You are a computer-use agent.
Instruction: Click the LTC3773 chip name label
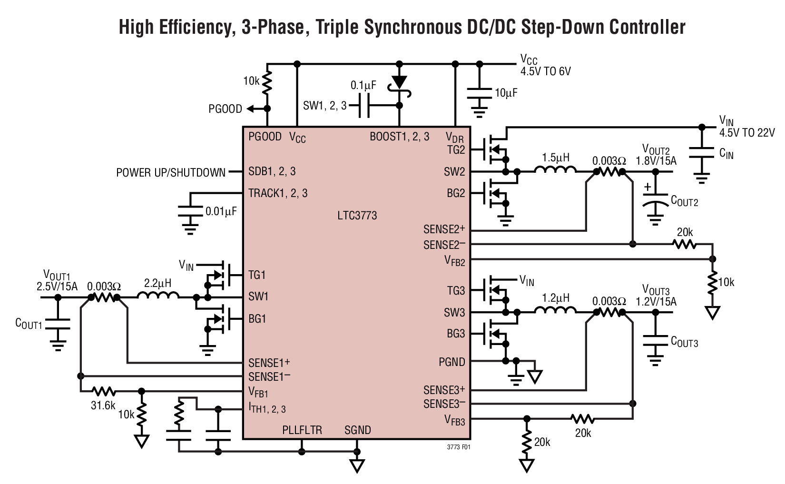pos(356,216)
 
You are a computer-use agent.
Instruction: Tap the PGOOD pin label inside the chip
pos(265,137)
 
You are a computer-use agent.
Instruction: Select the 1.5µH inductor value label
pos(555,158)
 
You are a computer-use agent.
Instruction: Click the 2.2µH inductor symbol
pos(158,296)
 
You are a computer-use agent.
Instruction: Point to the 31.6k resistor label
pos(103,405)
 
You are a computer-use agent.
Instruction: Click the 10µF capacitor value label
pos(505,93)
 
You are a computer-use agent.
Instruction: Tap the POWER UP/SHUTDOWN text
pos(171,173)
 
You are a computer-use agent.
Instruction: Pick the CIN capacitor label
pos(726,153)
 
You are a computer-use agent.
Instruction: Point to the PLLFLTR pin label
pos(302,430)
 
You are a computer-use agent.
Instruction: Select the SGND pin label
pos(357,430)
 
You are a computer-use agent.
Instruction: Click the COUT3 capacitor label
pos(684,341)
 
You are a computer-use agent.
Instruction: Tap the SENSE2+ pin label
pos(444,229)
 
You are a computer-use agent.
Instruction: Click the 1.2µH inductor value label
pos(555,298)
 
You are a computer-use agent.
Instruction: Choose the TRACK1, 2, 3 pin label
pos(278,193)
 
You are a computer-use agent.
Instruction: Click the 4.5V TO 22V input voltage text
pos(747,133)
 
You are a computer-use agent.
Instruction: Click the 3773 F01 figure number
pos(459,447)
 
